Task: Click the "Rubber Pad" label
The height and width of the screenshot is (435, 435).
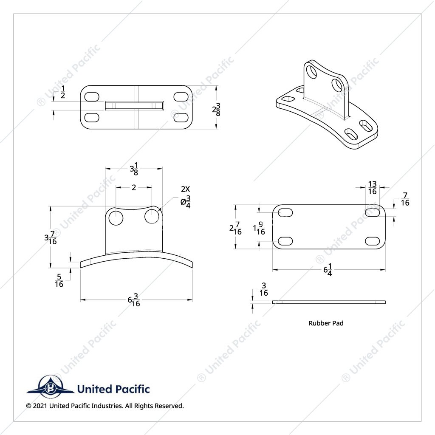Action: pos(326,323)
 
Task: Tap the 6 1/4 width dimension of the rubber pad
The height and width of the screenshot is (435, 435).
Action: pos(328,270)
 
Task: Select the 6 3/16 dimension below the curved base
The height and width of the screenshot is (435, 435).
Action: pos(134,300)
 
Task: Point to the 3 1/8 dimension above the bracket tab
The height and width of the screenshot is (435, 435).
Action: pos(134,169)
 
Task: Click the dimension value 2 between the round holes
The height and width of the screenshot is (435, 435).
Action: pos(134,187)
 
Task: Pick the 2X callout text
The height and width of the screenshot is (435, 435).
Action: pos(185,189)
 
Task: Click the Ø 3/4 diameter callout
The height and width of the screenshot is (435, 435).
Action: pos(186,202)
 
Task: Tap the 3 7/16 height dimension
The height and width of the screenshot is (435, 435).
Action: pos(51,237)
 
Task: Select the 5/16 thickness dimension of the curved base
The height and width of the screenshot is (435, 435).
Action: pos(59,280)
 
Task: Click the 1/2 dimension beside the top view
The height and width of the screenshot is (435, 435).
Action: pos(63,92)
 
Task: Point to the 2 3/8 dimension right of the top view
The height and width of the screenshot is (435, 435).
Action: pos(216,109)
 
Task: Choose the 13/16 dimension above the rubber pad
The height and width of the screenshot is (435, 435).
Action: pos(372,188)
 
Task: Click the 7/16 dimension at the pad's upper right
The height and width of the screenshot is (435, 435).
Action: pos(405,199)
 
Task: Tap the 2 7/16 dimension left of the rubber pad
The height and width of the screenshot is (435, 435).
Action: pos(235,228)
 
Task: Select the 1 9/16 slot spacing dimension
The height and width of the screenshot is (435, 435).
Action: pos(259,228)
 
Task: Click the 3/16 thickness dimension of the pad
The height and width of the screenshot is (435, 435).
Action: pos(263,289)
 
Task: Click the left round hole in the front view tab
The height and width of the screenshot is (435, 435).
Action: pos(116,218)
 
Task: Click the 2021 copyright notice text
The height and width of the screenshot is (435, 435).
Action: pos(105,406)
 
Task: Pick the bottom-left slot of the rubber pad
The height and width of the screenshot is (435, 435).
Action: pos(285,241)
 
